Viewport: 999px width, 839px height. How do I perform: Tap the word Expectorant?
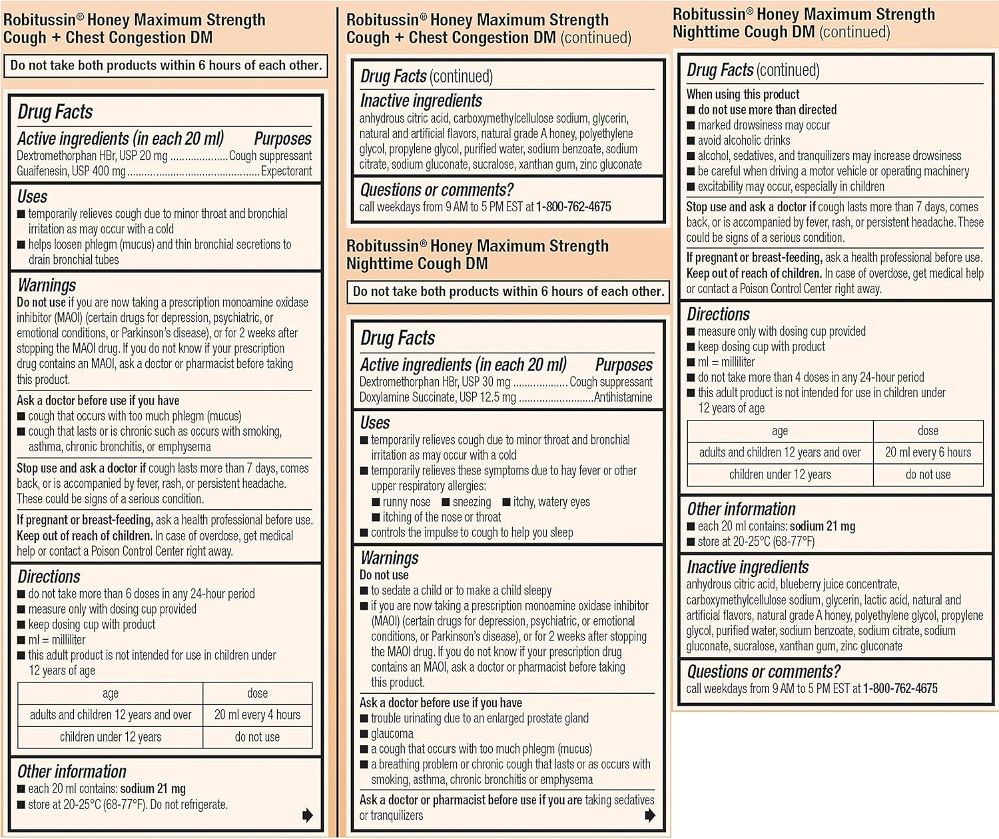coord(286,171)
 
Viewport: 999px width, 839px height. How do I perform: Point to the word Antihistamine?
coord(623,398)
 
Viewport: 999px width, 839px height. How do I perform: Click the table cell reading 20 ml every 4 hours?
coord(257,715)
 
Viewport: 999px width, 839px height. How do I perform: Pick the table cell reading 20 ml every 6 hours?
coord(928,452)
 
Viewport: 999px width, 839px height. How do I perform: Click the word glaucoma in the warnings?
coord(392,734)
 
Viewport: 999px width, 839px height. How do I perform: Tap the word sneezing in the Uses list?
coord(472,502)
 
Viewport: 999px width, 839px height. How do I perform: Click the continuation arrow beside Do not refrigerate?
coord(307,815)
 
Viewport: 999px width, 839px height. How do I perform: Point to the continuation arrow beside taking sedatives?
coord(650,815)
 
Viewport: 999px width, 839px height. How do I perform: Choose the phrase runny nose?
coord(406,502)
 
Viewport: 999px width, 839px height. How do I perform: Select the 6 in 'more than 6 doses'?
coord(129,594)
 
